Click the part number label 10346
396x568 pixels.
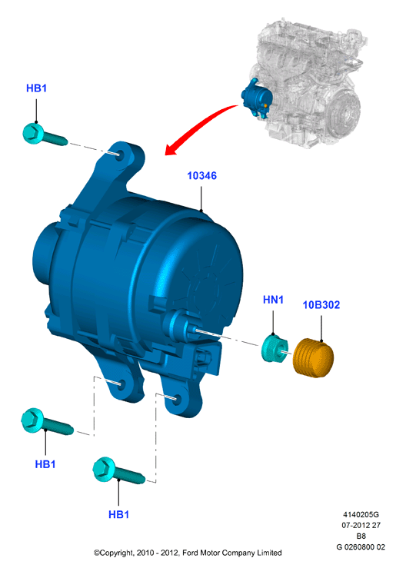click(201, 176)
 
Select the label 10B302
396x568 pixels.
click(321, 305)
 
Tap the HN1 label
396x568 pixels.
click(273, 300)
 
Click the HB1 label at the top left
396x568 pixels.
click(36, 88)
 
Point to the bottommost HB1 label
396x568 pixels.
click(118, 514)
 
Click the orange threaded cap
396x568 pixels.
click(313, 358)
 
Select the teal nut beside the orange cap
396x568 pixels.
click(275, 349)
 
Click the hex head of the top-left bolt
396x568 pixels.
click(33, 133)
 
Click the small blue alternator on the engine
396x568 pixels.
click(257, 98)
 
